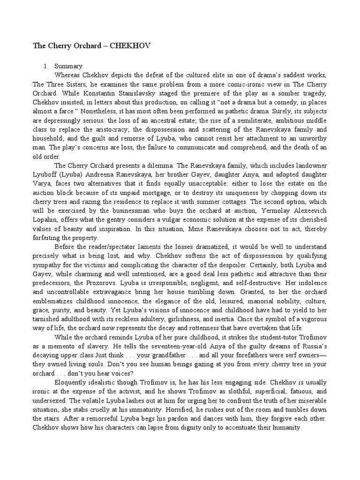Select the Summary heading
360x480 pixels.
[x=68, y=66]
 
